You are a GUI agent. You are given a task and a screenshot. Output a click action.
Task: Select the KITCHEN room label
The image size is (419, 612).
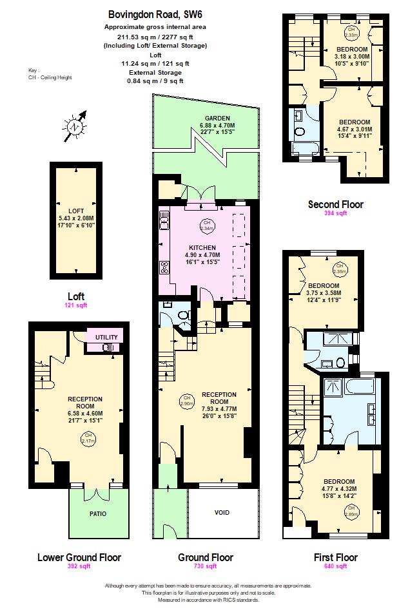(x=202, y=247)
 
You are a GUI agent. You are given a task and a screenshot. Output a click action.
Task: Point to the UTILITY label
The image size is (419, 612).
(x=106, y=338)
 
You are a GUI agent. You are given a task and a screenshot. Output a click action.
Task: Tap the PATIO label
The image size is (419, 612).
(x=98, y=513)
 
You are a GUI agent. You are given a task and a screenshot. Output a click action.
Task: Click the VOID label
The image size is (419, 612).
(x=221, y=513)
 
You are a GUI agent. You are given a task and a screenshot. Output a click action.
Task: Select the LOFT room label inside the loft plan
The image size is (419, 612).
(x=76, y=211)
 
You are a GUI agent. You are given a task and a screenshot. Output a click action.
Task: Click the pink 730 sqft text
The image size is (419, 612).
(x=205, y=566)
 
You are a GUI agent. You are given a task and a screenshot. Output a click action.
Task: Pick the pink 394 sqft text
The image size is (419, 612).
(x=335, y=213)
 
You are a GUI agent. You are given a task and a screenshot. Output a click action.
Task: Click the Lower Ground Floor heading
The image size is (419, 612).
(x=79, y=557)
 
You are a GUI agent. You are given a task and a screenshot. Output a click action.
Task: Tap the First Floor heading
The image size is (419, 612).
(x=335, y=557)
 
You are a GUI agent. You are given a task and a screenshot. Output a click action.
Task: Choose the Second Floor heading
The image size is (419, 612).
(x=335, y=204)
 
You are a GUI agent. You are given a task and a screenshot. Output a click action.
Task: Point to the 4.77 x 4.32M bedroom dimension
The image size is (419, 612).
(x=339, y=489)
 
